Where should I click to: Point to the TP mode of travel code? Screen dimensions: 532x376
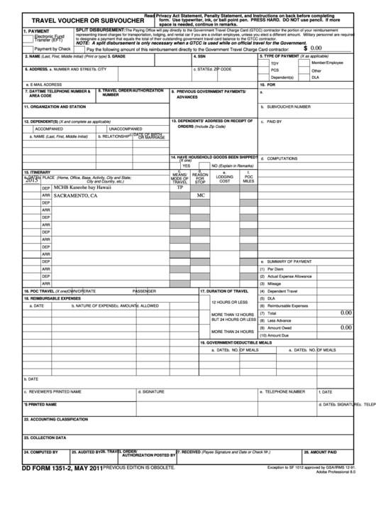point(179,188)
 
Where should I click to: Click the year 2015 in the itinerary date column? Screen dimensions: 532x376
point(31,181)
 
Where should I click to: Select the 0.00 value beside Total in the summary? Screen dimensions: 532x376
point(345,313)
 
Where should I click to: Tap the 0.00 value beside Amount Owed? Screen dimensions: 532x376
point(345,327)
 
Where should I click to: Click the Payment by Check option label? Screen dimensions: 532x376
point(52,49)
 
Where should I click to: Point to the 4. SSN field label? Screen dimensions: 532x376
point(201,56)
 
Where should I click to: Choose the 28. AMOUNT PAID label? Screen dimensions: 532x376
point(320,452)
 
